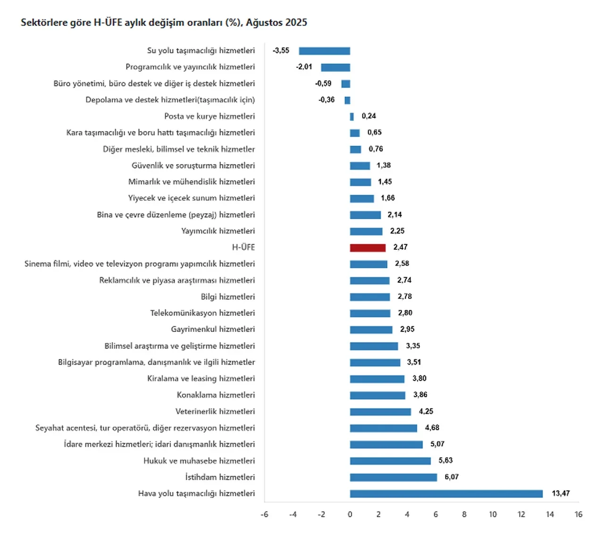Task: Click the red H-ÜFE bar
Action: coord(368,247)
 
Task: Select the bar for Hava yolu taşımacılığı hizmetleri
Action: coord(446,493)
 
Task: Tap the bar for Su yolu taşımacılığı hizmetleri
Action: coord(324,51)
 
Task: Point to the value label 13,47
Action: coord(561,493)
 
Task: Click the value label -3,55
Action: coord(281,51)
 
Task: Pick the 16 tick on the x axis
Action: coord(578,514)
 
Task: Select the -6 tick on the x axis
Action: coord(264,514)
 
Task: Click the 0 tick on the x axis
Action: coord(350,514)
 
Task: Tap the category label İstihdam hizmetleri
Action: coord(220,477)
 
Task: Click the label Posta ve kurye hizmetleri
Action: coord(210,116)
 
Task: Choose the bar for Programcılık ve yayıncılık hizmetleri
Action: coord(336,67)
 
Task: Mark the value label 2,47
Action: coord(400,247)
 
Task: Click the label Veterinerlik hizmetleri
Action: coord(215,411)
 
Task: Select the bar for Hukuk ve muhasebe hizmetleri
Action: coord(390,461)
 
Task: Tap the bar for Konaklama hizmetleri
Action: coord(377,395)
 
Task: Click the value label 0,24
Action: coord(369,116)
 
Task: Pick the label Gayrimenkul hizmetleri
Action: coord(213,329)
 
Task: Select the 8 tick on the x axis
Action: coord(464,514)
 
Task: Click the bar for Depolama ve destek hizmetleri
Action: coord(347,100)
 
